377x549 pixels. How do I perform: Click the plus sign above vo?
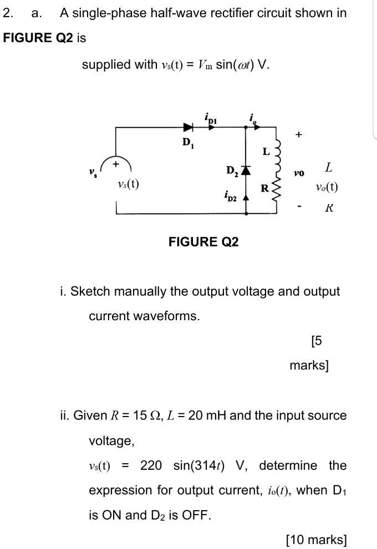[299, 134]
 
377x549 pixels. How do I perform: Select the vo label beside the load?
[299, 174]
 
